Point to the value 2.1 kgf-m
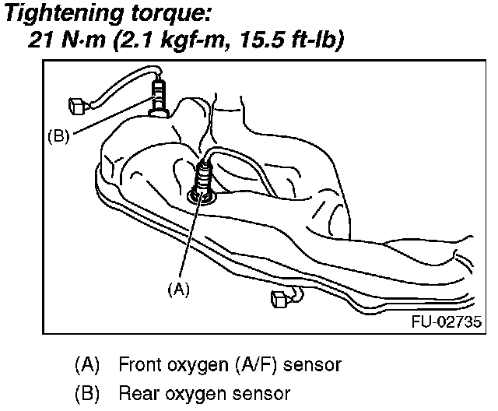(x=163, y=40)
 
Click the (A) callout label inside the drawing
(x=179, y=287)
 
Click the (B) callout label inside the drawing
(x=59, y=135)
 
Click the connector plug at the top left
(x=76, y=102)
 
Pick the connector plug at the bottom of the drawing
(x=278, y=298)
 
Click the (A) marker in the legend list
(x=87, y=364)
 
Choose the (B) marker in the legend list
(x=87, y=392)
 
